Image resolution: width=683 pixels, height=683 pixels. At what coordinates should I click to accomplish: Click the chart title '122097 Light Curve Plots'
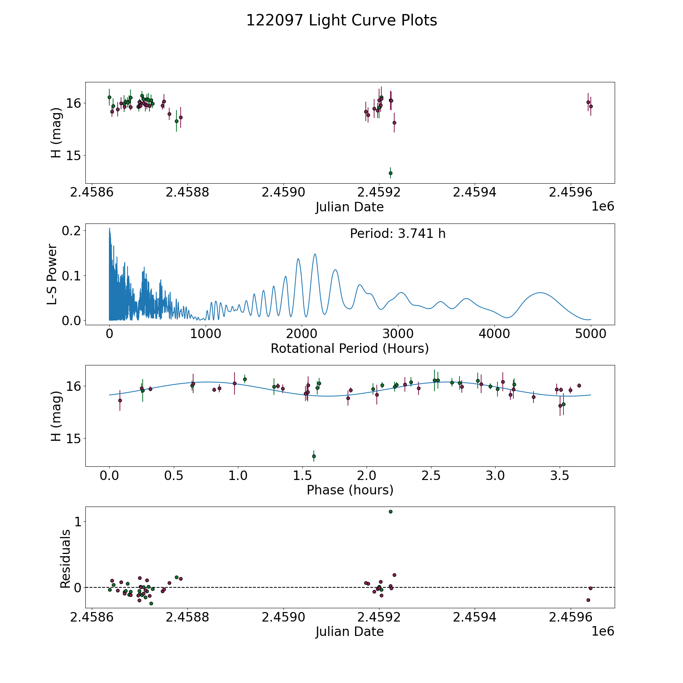341,20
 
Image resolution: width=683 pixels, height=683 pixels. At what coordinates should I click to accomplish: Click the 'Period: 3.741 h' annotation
398,234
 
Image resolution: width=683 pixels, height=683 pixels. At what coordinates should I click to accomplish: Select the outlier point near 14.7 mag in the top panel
390,173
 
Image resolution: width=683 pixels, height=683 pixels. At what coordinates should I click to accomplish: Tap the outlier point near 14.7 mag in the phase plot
314,456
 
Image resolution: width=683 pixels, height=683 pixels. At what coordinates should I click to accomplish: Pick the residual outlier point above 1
390,511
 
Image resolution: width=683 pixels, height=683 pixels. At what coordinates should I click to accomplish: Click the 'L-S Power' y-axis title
52,274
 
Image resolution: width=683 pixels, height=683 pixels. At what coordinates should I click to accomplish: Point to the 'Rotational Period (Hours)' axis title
349,348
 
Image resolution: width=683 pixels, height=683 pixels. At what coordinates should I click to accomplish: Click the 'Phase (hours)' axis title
350,490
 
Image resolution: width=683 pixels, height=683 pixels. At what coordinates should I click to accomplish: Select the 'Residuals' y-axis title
65,559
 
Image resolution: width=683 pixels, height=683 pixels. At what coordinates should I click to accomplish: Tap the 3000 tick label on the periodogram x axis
398,334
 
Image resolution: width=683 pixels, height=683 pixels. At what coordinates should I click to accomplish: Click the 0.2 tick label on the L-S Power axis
72,231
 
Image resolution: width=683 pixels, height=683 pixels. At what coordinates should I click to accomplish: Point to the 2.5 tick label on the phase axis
431,475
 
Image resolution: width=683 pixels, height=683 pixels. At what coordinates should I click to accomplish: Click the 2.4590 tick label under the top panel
283,192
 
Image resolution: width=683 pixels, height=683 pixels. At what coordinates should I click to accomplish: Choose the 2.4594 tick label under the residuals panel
475,617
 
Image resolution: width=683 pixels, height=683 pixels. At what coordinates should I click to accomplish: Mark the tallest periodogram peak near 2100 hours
315,254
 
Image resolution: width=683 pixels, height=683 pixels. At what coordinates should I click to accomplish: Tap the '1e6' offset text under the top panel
603,206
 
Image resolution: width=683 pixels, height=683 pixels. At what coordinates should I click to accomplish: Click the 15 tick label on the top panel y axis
74,156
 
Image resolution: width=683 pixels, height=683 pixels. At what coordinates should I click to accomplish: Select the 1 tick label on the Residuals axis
78,522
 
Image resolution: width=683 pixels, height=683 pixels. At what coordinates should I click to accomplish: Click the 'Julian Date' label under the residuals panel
349,631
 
